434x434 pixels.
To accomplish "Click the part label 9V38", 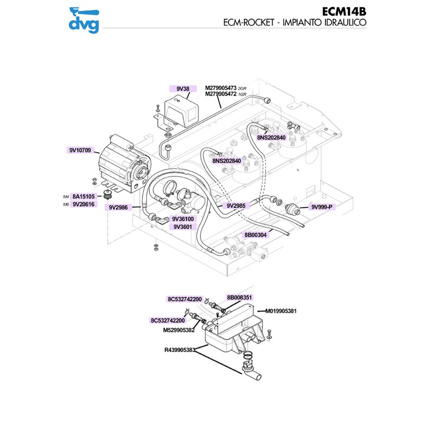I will (183, 88).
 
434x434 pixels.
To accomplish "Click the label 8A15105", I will (84, 196).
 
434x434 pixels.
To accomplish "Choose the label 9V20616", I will (84, 204).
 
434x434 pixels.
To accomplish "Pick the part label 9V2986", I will (118, 207).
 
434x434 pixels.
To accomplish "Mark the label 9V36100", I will (183, 219).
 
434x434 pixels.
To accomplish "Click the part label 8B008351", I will (240, 297).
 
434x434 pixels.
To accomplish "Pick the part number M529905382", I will (178, 330).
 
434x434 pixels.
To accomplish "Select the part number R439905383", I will (180, 350).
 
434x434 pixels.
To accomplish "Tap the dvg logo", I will (84, 19).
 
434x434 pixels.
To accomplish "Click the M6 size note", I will (67, 205).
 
